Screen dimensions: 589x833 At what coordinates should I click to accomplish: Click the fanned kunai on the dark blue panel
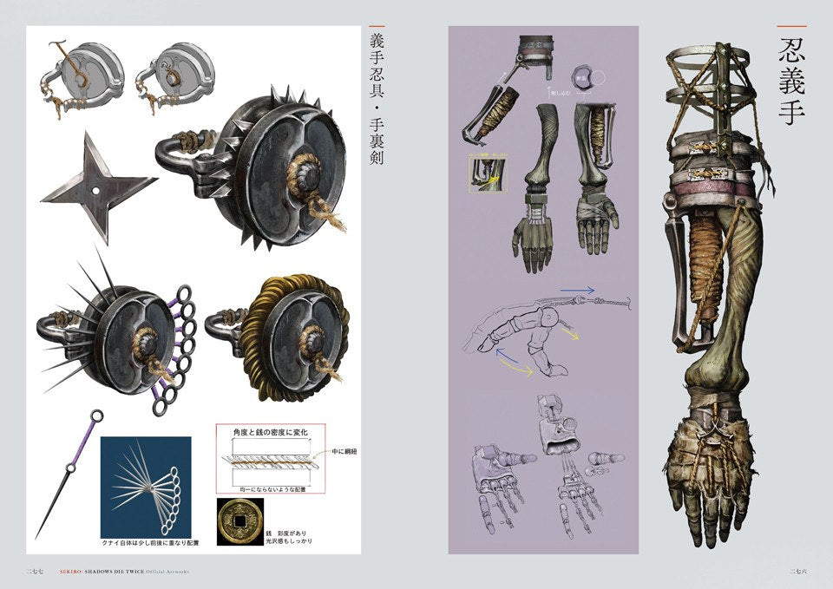point(152,487)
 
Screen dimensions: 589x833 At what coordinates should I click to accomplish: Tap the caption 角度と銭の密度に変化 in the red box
point(268,431)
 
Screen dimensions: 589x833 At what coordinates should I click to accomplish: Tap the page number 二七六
point(799,570)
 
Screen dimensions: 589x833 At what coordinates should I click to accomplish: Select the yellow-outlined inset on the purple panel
point(490,172)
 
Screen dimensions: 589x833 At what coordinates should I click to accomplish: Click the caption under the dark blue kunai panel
point(149,544)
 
